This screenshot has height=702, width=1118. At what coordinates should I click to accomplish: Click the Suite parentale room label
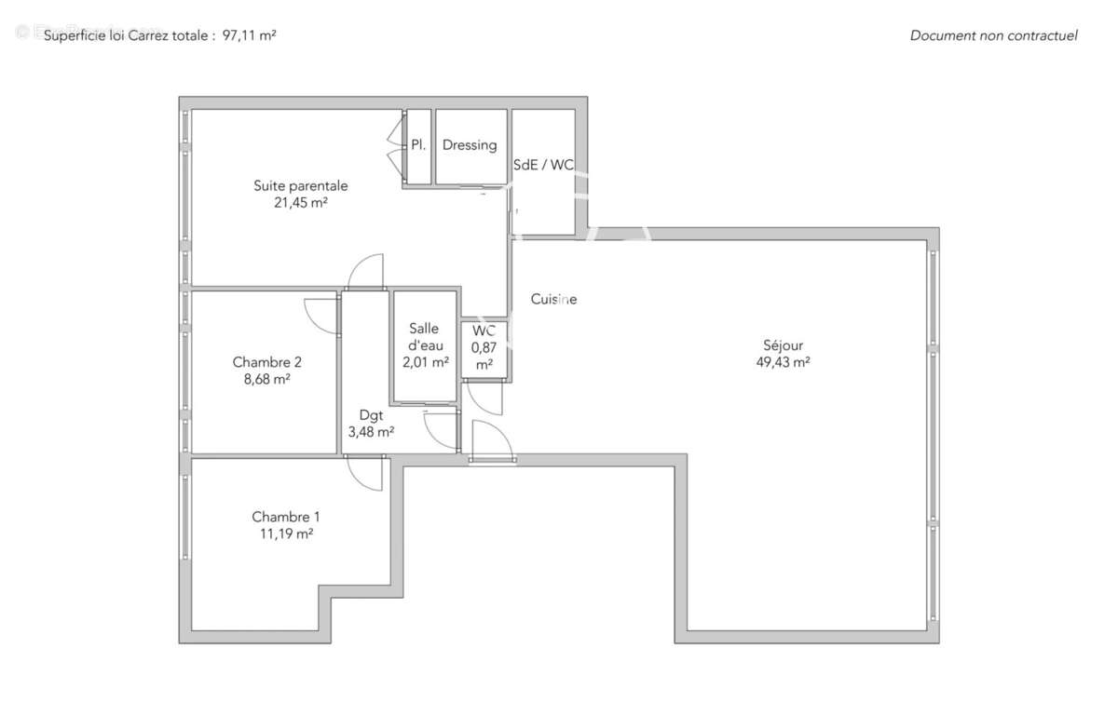point(300,185)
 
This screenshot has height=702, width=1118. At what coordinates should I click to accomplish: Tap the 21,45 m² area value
point(300,203)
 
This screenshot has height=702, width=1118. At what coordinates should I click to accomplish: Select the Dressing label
point(470,145)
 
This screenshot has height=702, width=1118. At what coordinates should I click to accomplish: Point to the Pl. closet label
point(418,144)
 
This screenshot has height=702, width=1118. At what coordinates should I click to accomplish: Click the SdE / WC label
point(543,165)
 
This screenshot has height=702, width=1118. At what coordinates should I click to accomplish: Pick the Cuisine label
point(553,299)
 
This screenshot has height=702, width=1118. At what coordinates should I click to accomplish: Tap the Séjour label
point(783,344)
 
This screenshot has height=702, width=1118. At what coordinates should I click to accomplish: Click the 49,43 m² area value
point(783,362)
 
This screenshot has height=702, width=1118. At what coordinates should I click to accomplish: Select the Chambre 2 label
point(266,362)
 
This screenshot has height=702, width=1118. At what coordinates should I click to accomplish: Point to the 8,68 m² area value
point(266,379)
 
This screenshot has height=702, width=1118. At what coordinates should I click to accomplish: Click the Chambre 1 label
point(285,517)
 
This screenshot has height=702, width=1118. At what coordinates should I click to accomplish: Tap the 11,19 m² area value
point(286,533)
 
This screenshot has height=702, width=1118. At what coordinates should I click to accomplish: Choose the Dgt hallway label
point(371,415)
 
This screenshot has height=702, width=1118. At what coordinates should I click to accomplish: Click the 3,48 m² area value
point(371,432)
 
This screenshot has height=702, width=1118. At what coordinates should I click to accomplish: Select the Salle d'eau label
point(425,337)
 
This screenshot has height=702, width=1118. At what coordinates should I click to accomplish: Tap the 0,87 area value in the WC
point(484,348)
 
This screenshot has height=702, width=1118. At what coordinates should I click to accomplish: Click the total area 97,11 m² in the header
point(249,35)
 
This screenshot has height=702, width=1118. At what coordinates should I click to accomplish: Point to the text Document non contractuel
point(993,35)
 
